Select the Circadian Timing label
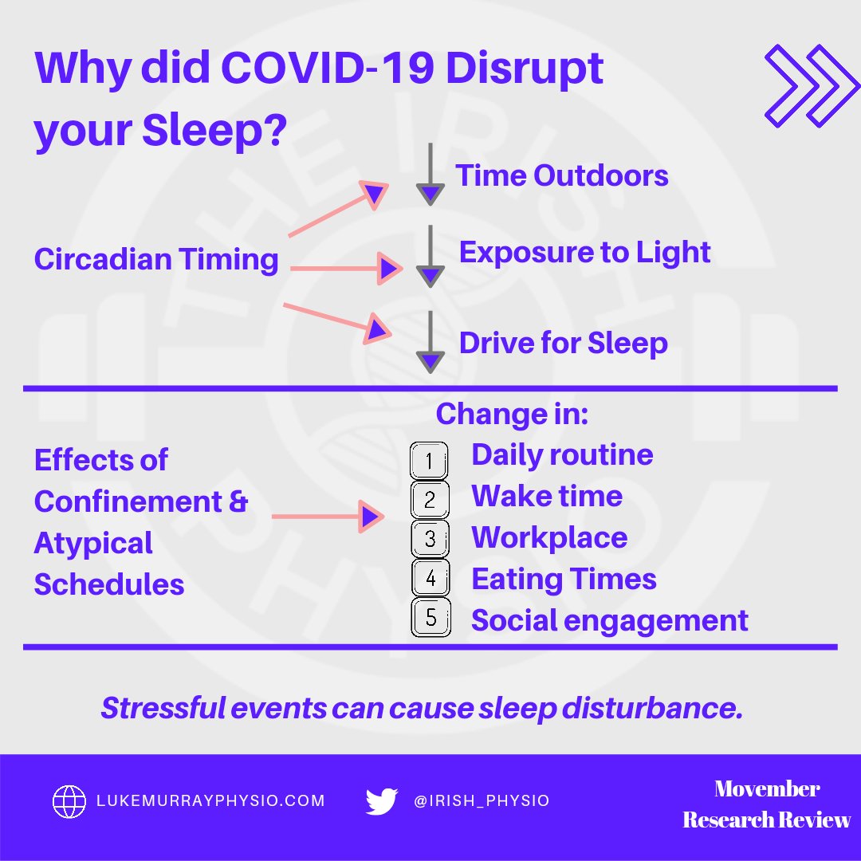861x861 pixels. click(156, 260)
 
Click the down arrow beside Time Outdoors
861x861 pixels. click(430, 174)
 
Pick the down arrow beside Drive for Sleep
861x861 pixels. click(430, 341)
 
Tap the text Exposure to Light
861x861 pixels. click(584, 252)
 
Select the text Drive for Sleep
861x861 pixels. click(563, 344)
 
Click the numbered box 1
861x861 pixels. click(430, 460)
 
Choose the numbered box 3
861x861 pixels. click(430, 538)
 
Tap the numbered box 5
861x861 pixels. click(431, 618)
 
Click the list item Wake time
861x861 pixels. click(547, 496)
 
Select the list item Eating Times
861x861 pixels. click(564, 579)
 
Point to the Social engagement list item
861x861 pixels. click(609, 620)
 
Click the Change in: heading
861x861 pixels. click(511, 414)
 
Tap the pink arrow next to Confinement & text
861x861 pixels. click(327, 517)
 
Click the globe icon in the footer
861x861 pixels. click(69, 800)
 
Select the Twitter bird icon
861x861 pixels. click(382, 801)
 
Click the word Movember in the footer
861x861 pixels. click(766, 788)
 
